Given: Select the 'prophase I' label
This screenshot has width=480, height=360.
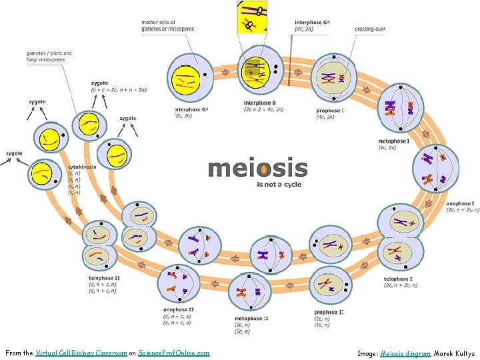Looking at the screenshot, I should (330, 111).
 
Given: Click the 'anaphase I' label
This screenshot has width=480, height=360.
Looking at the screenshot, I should (460, 203).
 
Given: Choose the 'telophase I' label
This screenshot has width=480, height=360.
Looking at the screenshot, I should (399, 279).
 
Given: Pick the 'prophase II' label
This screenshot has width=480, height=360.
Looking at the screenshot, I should (329, 312).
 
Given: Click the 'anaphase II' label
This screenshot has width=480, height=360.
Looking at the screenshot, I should (178, 309).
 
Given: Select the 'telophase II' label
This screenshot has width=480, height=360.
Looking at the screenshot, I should (105, 277).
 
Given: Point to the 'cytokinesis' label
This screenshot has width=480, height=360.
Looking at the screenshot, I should (83, 167).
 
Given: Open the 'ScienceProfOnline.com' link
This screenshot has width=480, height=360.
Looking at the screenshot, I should (173, 353).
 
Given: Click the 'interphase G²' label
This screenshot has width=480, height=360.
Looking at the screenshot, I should (312, 23).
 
